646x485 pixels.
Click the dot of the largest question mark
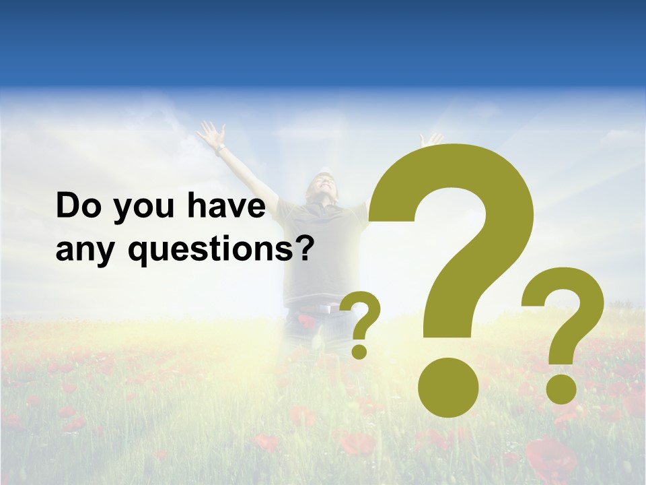click(x=448, y=387)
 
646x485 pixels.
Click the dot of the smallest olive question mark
click(x=359, y=351)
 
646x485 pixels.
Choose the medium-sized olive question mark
click(x=564, y=330)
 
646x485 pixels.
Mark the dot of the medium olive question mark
click(x=561, y=389)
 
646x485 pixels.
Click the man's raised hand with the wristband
click(x=211, y=135)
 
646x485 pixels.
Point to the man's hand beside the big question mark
click(x=431, y=139)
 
